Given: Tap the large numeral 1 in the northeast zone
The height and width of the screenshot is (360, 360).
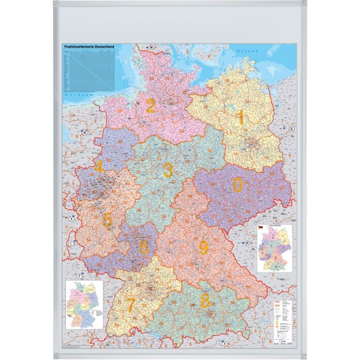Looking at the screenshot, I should click(241, 117).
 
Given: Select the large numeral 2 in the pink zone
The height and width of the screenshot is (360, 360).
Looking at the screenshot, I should click(151, 106).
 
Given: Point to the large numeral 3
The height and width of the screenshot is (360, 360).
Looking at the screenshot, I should click(168, 171).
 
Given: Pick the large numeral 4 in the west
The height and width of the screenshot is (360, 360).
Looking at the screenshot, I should click(99, 167).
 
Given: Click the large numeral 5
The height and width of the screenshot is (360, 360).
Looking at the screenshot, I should click(108, 220).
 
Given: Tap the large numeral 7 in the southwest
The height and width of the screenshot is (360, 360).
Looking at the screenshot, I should click(131, 305).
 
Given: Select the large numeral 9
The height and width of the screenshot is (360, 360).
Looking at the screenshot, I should click(203, 247).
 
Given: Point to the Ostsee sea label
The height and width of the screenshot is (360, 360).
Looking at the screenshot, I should click(247, 52).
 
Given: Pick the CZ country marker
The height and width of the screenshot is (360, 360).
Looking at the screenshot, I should click(247, 243).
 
